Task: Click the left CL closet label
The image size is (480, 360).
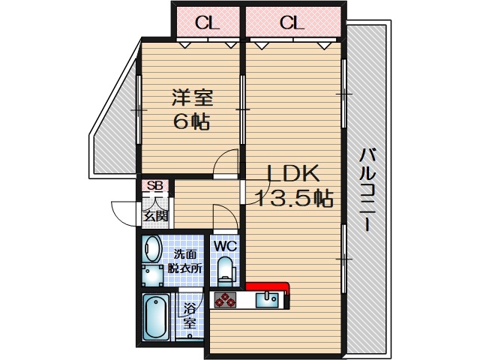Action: (208, 22)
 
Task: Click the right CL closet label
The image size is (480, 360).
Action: (292, 22)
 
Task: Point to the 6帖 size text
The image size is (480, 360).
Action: (192, 121)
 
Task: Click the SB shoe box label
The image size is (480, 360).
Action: (154, 186)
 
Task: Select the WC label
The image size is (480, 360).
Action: (226, 245)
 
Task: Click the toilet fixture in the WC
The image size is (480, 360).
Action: (225, 268)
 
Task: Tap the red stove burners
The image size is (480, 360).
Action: (223, 301)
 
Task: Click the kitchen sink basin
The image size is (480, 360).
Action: (267, 301)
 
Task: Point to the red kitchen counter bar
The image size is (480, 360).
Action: (267, 286)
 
